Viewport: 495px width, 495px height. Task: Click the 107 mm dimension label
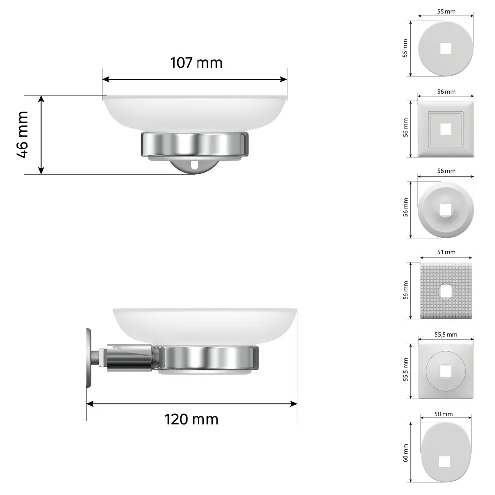point(196,63)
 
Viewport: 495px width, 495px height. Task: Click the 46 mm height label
point(23,135)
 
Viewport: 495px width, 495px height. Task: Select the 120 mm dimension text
point(191,419)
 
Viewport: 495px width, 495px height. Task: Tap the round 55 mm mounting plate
point(446,48)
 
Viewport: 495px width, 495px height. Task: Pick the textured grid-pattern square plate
point(446,291)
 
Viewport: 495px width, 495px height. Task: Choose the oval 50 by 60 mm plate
point(446,452)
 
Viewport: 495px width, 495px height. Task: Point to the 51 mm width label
point(446,252)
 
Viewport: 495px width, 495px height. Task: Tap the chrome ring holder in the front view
point(195,144)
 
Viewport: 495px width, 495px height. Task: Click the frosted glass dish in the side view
point(205,324)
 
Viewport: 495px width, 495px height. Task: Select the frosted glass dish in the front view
point(195,111)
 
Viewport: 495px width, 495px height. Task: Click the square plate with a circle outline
point(446,371)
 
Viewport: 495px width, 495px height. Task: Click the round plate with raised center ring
point(446,209)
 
